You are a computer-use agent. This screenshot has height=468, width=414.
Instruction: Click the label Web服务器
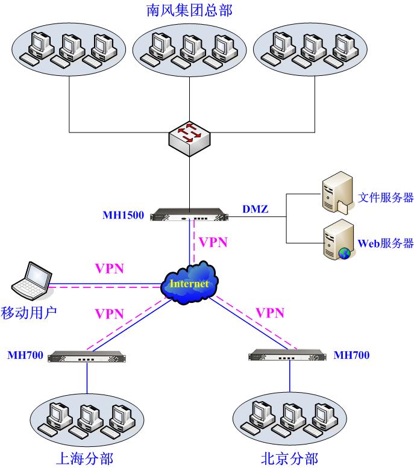[386, 243]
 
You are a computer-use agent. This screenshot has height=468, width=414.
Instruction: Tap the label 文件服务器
[386, 198]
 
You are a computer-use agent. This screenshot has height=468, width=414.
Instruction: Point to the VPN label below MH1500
[214, 243]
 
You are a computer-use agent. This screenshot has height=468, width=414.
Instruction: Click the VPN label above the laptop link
[109, 267]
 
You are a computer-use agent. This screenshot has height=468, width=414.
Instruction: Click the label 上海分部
[84, 458]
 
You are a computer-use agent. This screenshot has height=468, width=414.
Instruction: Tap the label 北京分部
[289, 458]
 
